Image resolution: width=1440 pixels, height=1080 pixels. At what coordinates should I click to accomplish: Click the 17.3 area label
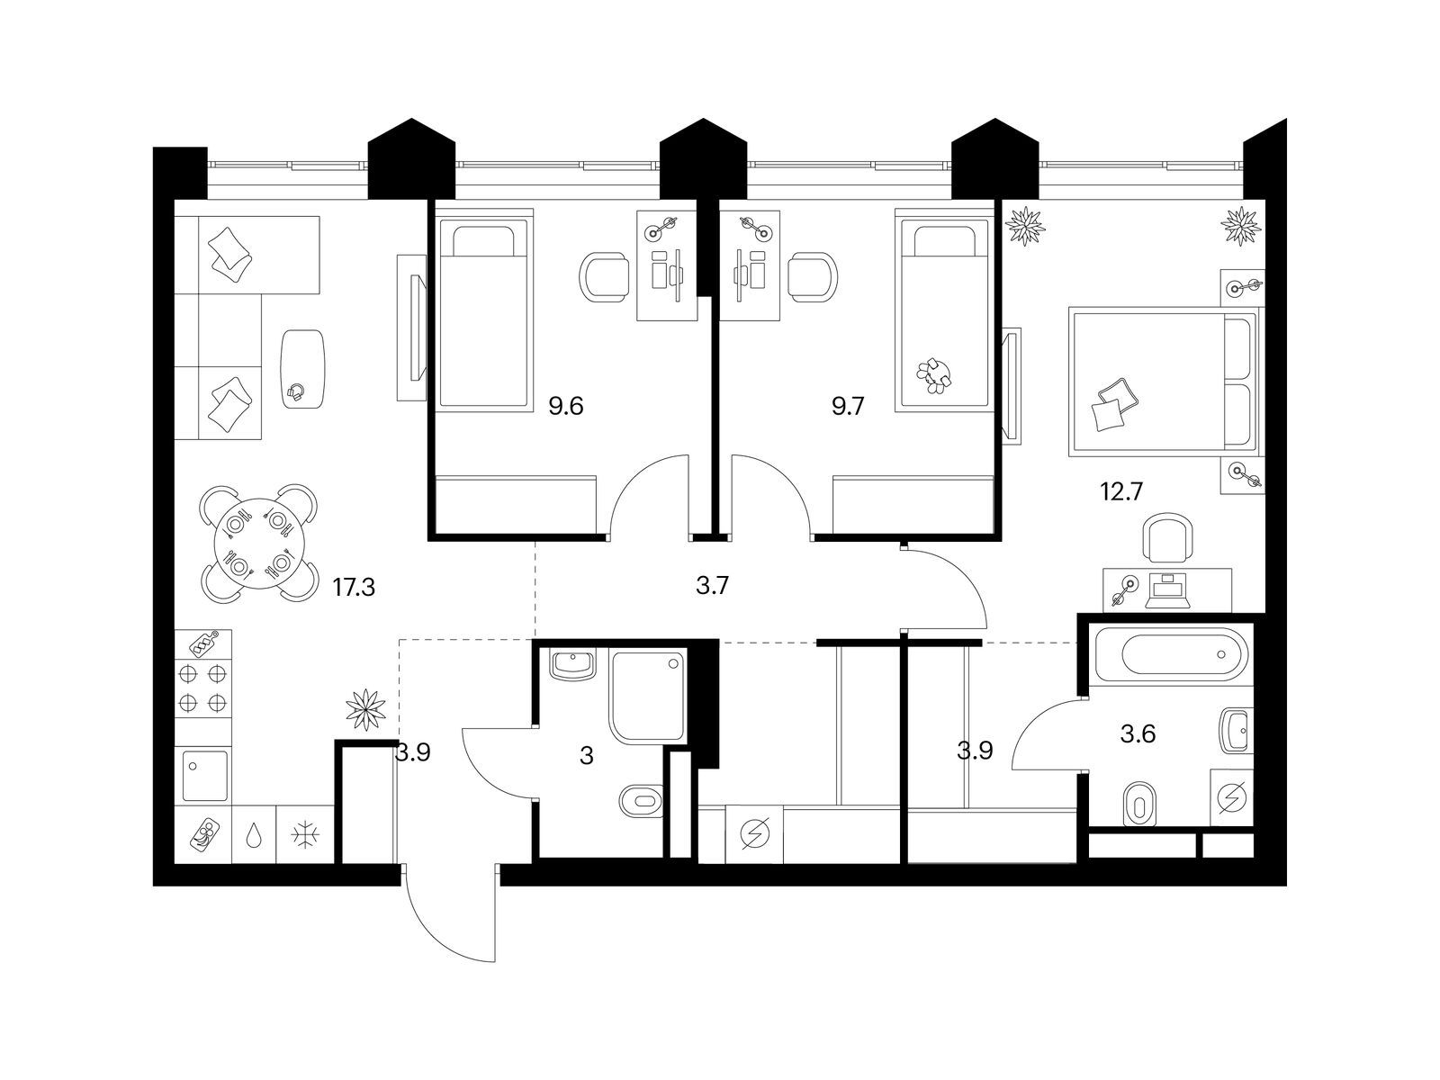354,587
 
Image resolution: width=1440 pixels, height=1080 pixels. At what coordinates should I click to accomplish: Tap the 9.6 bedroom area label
565,407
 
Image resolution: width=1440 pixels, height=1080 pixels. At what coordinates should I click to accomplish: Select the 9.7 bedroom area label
848,407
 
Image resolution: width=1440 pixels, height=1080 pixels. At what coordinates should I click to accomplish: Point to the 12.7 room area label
1121,490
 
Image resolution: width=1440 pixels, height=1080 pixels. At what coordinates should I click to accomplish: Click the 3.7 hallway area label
712,585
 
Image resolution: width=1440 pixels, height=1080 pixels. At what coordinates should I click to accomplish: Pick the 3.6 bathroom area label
1138,733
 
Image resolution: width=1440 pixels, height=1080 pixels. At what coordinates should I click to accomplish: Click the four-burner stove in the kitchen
202,688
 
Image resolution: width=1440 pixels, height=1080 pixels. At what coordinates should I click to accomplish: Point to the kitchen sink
204,776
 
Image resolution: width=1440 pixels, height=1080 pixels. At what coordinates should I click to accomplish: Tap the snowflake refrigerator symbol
305,835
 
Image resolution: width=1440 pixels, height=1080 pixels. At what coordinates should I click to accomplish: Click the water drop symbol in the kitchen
254,835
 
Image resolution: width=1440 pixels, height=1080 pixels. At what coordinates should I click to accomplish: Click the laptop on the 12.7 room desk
1166,592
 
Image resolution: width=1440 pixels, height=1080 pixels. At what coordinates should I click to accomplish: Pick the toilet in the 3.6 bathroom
1139,803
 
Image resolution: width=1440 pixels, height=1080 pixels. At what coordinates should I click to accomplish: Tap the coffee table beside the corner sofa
302,369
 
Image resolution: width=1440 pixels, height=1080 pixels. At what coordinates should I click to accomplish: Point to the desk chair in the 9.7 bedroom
813,276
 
